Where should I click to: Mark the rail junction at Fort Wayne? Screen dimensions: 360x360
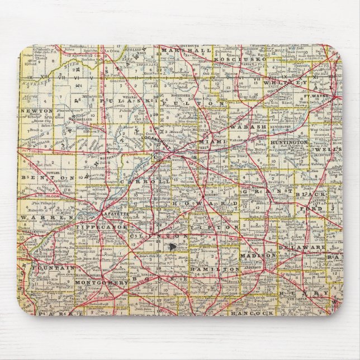(x=337, y=98)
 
